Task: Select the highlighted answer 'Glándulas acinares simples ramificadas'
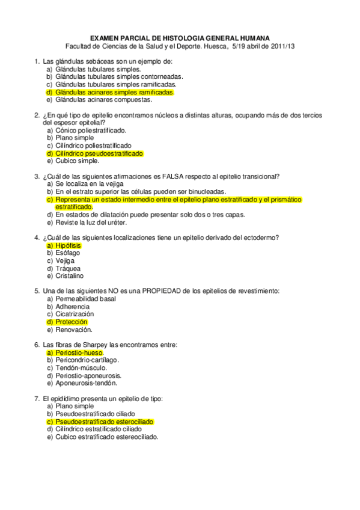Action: (114, 93)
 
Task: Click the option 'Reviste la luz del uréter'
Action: (95, 222)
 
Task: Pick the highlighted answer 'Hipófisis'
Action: (67, 245)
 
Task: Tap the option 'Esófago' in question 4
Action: (67, 253)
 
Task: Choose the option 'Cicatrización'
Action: (75, 314)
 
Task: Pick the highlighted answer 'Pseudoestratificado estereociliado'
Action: (104, 422)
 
